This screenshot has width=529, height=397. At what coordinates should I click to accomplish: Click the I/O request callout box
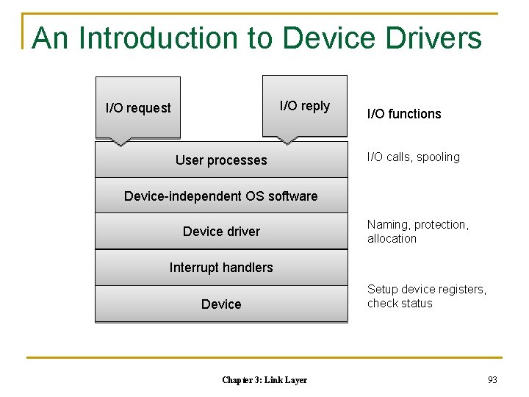point(137,107)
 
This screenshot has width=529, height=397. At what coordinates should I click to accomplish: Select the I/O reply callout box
point(304,106)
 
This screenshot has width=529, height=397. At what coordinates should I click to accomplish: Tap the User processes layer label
point(221,160)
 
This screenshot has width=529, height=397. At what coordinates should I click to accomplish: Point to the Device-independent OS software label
point(221,196)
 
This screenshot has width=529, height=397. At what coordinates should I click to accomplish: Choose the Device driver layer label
point(221,232)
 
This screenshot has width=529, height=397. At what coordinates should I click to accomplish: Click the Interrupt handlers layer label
point(221,268)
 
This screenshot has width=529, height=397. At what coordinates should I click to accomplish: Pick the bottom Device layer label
point(221,304)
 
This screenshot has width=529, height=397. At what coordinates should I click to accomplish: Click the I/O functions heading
point(404,114)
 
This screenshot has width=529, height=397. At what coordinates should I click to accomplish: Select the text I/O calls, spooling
point(413,157)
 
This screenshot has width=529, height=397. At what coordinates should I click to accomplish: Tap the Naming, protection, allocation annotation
point(417,232)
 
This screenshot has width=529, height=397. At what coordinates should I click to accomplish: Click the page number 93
point(492,379)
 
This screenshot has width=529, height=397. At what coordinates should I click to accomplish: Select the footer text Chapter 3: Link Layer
point(264,380)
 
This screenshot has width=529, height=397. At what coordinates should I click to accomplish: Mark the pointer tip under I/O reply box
point(287,142)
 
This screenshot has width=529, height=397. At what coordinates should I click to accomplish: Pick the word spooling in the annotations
point(437,157)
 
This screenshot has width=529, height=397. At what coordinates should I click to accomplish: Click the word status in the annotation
point(416,304)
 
